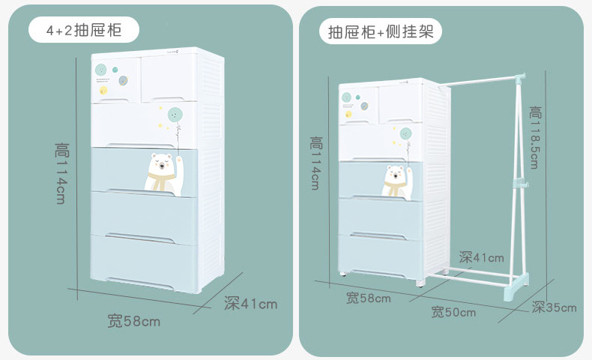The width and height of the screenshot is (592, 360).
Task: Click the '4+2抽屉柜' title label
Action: coord(83,31)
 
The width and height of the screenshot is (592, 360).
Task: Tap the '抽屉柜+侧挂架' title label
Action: coord(380,31)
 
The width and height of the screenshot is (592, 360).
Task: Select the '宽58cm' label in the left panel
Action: coord(134,322)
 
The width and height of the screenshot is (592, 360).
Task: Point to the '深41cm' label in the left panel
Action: coord(250,304)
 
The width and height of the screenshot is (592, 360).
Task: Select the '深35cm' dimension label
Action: coord(555,307)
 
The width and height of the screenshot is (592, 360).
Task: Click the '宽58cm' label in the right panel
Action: coord(369,298)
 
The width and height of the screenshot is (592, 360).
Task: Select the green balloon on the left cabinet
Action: coord(176,116)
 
